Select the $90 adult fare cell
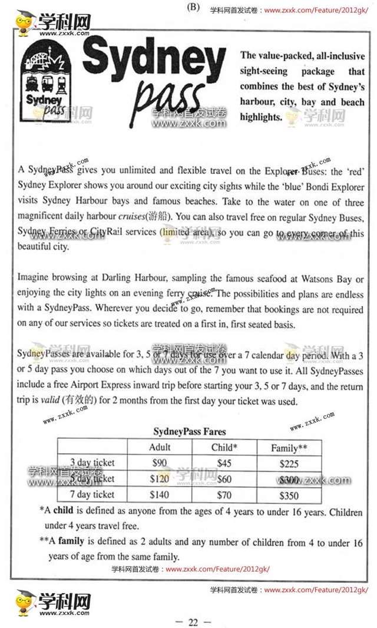point(160,462)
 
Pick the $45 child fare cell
point(224,462)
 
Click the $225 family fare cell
point(289,463)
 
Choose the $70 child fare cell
point(224,494)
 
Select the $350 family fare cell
point(289,495)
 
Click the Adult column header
point(160,447)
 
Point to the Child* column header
point(224,447)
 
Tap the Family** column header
point(289,448)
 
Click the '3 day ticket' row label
point(92,462)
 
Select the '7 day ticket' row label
point(92,494)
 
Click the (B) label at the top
point(193,7)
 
